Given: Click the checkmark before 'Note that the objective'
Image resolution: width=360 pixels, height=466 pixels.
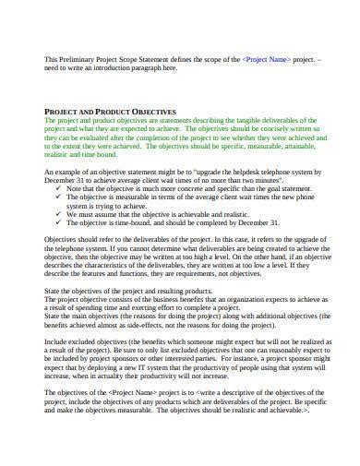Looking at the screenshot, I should click(60, 192).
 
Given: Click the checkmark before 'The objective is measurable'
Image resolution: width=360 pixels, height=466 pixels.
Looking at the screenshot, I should click(60, 201).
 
